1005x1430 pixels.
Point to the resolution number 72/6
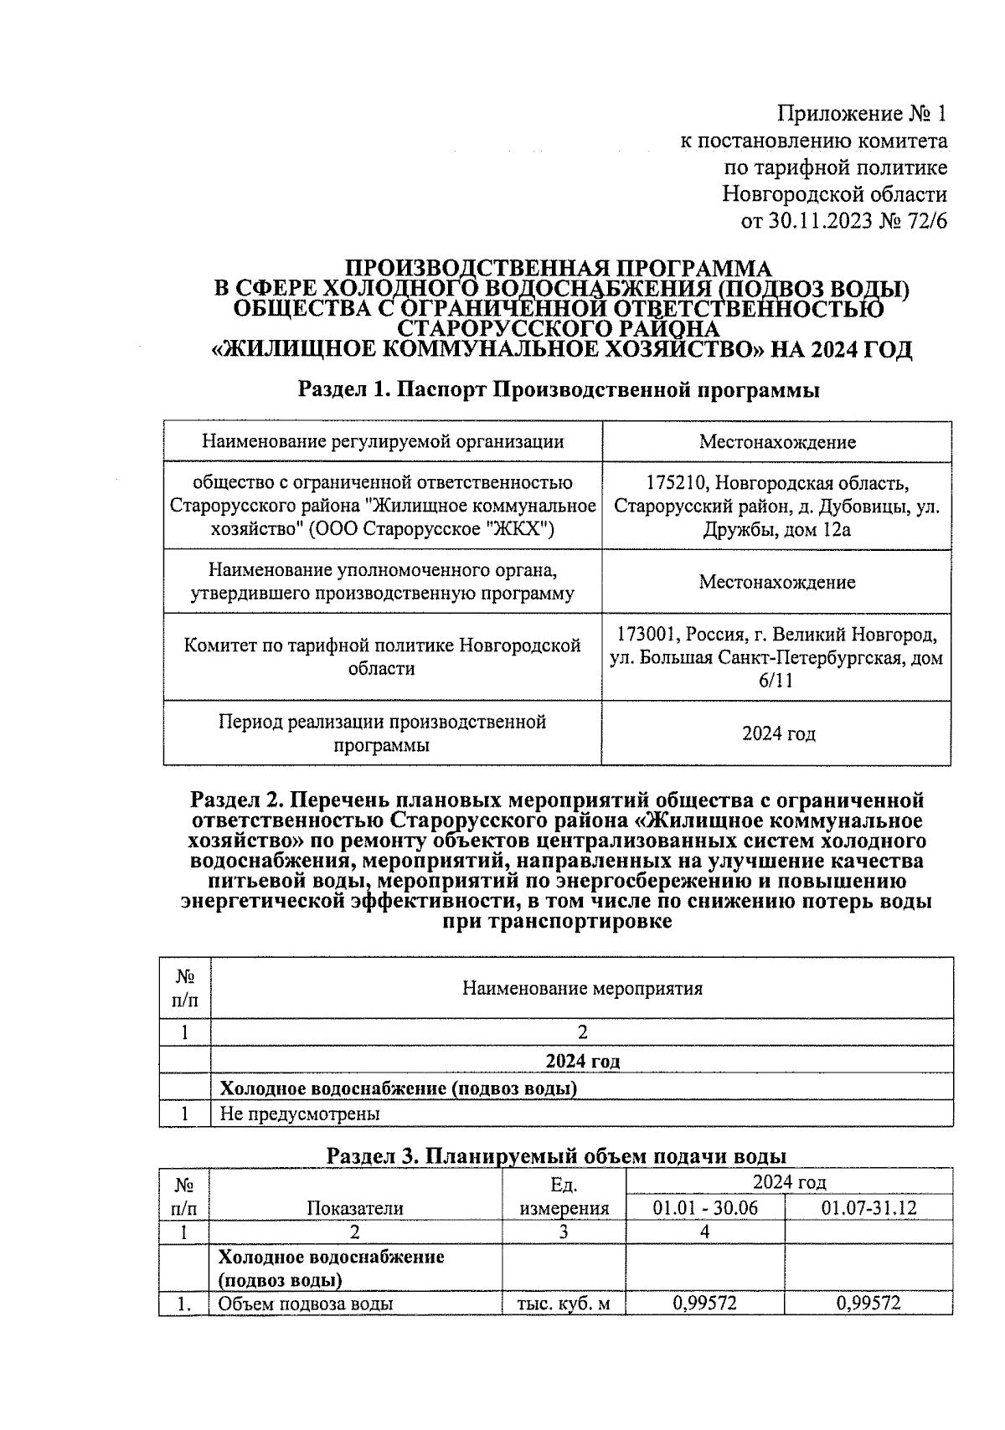(925, 222)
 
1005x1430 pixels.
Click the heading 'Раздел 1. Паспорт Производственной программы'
(559, 389)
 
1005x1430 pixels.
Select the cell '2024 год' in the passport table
(778, 734)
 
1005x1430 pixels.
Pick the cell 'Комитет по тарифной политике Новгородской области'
(382, 657)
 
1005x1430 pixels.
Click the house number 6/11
(776, 681)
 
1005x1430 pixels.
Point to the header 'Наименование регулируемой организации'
(383, 441)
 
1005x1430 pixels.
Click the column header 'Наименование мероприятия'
(582, 989)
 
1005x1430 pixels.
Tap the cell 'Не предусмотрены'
(299, 1114)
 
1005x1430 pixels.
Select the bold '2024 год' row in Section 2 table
(582, 1062)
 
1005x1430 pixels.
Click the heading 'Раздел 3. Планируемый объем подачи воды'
(556, 1156)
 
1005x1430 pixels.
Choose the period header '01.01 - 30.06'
(705, 1208)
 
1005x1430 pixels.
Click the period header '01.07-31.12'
(868, 1208)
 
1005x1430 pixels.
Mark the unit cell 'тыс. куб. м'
(564, 1304)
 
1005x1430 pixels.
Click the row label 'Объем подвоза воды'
(306, 1304)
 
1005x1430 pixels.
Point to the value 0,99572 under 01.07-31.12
(868, 1304)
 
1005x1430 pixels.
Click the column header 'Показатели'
(355, 1208)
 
